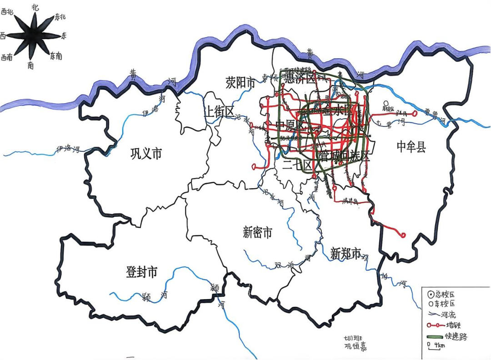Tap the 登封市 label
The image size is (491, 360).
(141, 272)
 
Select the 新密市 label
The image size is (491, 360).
(257, 233)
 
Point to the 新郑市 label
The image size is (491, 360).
(346, 253)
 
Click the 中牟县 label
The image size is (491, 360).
(411, 146)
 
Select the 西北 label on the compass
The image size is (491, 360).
(8, 12)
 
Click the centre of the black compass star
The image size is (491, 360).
(33, 35)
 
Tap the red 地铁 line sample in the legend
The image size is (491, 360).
(436, 325)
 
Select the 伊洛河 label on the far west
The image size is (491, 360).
(68, 149)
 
